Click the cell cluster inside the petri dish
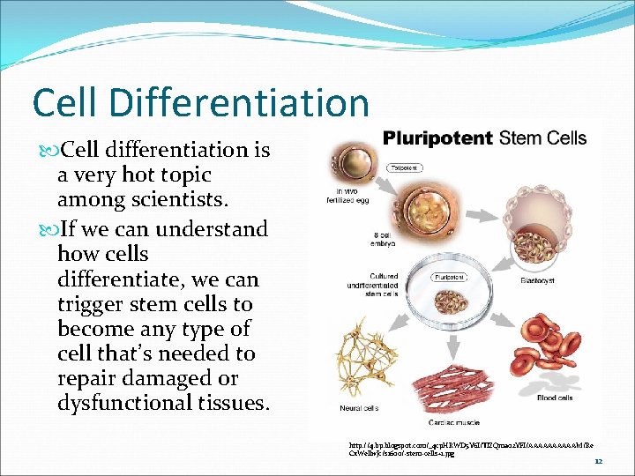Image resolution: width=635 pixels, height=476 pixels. pyautogui.click(x=453, y=299)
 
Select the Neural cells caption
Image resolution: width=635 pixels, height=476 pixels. pyautogui.click(x=359, y=408)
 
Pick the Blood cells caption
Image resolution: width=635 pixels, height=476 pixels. pyautogui.click(x=555, y=398)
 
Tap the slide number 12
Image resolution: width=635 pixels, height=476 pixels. pyautogui.click(x=598, y=461)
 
